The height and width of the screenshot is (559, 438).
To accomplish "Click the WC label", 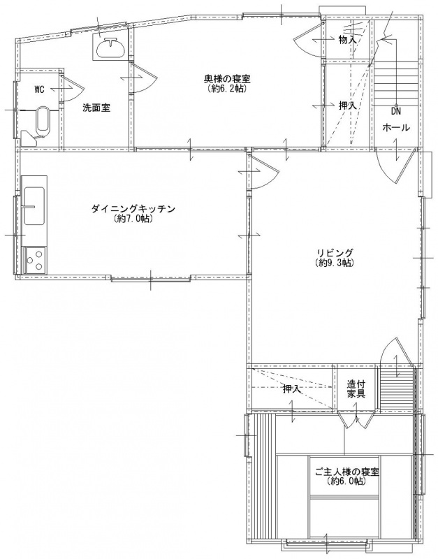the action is (x=39, y=89).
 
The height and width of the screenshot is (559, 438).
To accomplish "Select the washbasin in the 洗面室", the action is (x=110, y=48).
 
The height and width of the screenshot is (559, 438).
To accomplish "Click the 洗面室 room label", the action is (x=96, y=108).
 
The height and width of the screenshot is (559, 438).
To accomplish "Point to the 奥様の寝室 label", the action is (x=225, y=78).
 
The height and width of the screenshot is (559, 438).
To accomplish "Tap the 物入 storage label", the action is (x=347, y=40).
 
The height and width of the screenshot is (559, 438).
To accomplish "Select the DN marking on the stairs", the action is (x=396, y=111).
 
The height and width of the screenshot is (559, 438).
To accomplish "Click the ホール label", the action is (x=396, y=127).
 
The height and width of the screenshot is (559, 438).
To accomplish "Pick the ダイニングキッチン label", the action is (x=133, y=208).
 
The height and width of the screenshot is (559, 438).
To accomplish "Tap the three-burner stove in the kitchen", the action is (x=35, y=260).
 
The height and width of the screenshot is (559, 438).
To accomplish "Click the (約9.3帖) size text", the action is (x=335, y=263).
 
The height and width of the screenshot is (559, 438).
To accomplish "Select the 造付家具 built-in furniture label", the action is (x=356, y=389).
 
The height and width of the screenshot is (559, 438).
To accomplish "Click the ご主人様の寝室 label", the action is (x=346, y=472).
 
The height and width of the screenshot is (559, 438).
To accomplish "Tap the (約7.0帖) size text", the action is (x=133, y=219).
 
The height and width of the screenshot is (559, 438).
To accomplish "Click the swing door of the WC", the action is (x=71, y=88).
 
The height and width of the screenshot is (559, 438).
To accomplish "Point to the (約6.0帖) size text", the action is (x=346, y=481).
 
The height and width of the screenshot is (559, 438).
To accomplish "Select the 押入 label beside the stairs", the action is (x=347, y=106).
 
